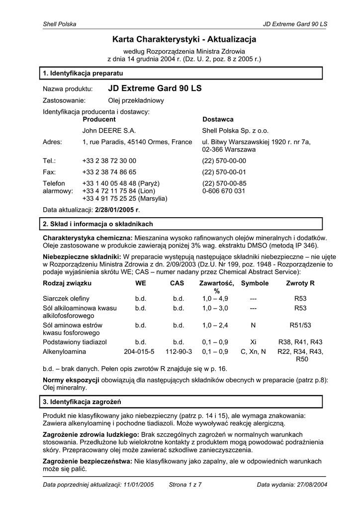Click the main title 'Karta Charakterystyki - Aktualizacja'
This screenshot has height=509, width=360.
(x=184, y=39)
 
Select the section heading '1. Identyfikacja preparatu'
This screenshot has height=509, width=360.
(x=79, y=74)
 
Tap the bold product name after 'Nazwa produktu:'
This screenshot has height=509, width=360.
(x=155, y=88)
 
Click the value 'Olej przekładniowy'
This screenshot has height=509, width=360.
(x=136, y=100)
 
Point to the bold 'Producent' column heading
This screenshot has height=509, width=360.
(x=99, y=120)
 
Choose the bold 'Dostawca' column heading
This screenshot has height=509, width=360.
(x=218, y=120)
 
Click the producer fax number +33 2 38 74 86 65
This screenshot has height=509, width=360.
(x=109, y=172)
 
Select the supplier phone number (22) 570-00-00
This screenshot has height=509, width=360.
(x=224, y=161)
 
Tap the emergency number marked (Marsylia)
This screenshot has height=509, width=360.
(x=124, y=198)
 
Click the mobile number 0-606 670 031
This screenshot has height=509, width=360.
(x=223, y=191)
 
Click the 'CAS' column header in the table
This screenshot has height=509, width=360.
(x=177, y=283)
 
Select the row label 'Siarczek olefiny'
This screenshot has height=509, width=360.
(x=66, y=299)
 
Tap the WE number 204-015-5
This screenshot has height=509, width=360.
(x=139, y=351)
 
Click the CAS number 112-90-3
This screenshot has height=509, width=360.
(x=178, y=351)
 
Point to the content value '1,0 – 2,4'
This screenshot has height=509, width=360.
(x=215, y=326)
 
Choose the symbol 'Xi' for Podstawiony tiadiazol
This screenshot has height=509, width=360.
(x=253, y=342)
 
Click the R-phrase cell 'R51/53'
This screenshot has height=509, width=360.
(x=300, y=326)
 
